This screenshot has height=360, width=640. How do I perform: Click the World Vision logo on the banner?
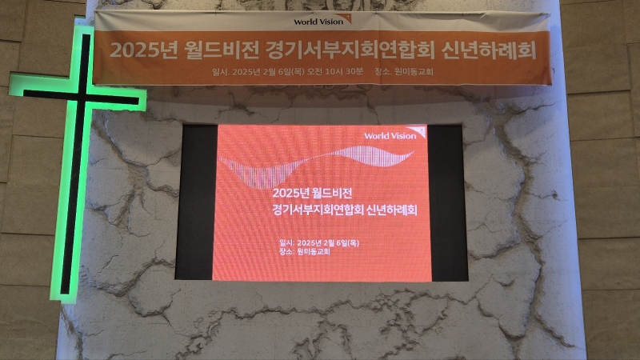322,21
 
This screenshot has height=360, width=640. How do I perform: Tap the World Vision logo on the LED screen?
394,134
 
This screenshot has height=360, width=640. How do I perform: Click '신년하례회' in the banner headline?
488,50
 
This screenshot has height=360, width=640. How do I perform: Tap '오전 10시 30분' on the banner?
335,71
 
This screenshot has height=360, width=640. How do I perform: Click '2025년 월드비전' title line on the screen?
312,193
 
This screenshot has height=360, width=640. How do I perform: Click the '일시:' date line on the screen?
319,243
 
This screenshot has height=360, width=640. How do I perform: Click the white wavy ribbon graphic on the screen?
316,163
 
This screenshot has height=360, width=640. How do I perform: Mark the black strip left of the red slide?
195,202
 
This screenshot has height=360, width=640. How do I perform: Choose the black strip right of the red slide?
447,203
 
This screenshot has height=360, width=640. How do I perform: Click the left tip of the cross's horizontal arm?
10,85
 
